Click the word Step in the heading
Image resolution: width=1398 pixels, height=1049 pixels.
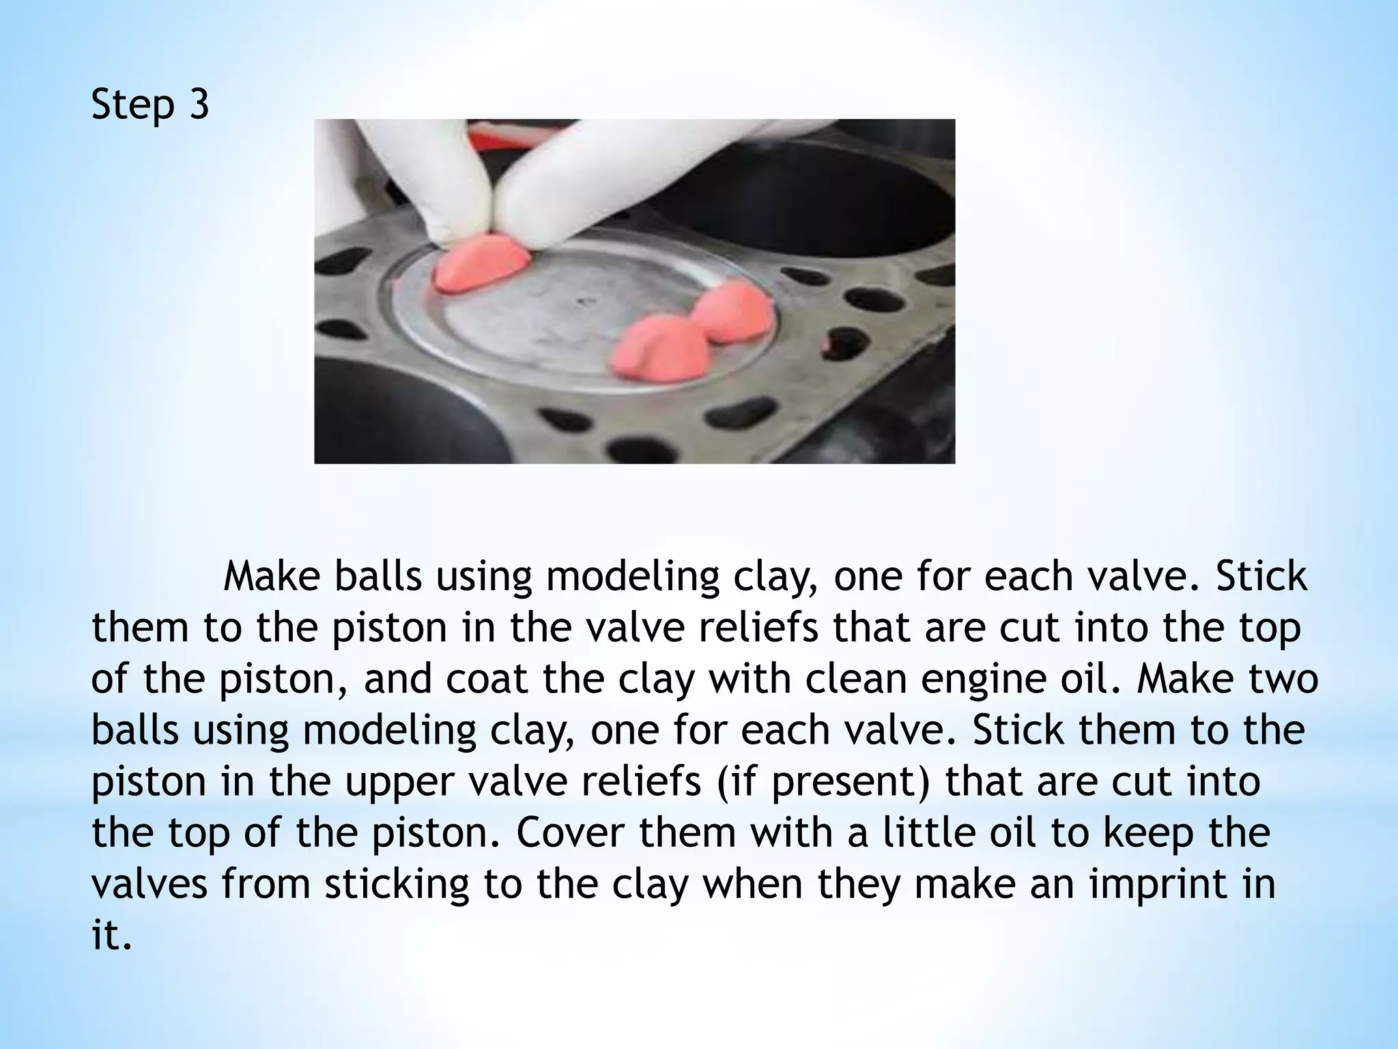tap(132, 107)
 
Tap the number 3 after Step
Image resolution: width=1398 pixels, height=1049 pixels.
tap(198, 105)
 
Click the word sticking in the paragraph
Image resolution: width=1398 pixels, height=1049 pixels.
tap(397, 884)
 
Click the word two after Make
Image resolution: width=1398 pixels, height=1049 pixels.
tap(1273, 679)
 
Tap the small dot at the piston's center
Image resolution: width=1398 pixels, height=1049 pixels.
tap(582, 301)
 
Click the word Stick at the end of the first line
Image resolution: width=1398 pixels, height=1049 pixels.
tap(1261, 576)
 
